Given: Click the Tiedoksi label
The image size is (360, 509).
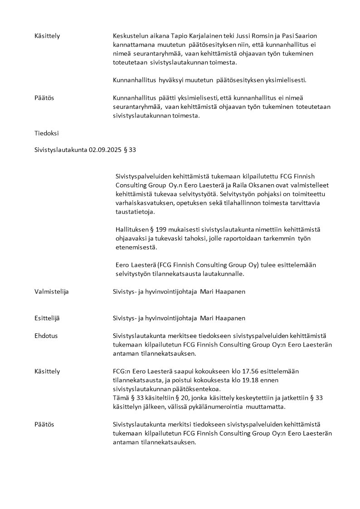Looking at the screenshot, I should coord(46,133).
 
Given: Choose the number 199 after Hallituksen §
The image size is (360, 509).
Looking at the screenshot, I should coord(161,230).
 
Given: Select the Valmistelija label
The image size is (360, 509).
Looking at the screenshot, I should coord(51,291).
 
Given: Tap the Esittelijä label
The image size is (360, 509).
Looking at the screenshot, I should coord(47,318).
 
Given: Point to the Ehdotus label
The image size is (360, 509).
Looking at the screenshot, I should coord(46,336).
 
